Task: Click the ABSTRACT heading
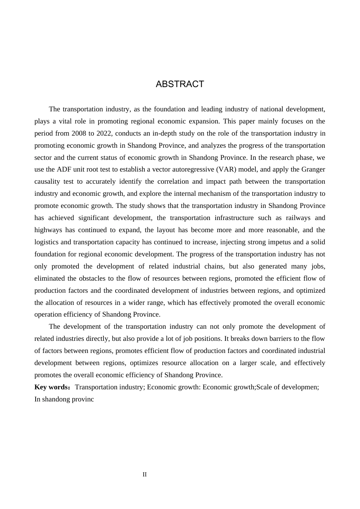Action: click(180, 84)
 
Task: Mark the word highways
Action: click(47, 230)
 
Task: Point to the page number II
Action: click(144, 475)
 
